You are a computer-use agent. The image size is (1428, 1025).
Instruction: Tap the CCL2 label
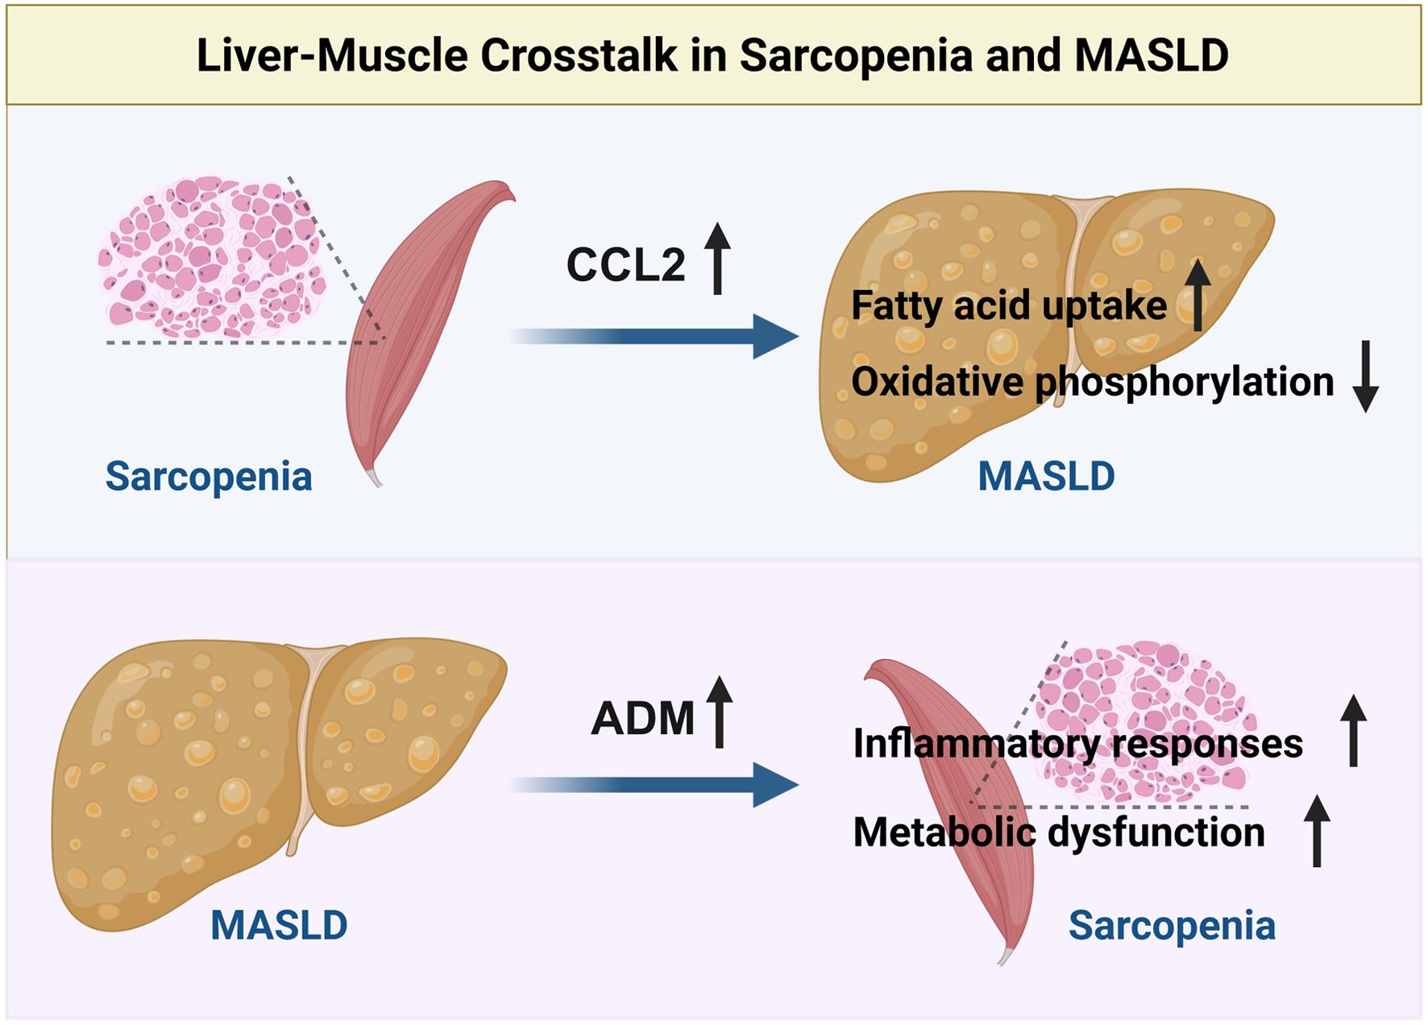coord(625,264)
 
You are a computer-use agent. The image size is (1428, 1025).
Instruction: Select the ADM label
coord(642,718)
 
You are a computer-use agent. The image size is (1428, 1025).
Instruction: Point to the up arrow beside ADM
coord(720,712)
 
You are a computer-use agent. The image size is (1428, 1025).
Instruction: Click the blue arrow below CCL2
coord(653,336)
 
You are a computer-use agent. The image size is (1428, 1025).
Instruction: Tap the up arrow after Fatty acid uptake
coord(1198,295)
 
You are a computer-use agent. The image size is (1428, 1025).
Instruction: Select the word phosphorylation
coord(1185,382)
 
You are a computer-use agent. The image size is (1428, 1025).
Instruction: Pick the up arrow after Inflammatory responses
coord(1353,731)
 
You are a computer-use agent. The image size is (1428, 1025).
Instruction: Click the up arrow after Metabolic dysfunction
coord(1317,831)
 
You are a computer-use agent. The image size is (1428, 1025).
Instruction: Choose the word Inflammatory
coord(968,743)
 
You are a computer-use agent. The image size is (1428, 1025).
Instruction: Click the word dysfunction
coord(1156,832)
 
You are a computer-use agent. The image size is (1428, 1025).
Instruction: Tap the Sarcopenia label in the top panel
coord(209,476)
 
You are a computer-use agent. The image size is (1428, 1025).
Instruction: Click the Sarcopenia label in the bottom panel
coord(1172,926)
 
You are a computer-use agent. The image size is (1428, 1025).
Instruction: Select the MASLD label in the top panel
coord(1046,476)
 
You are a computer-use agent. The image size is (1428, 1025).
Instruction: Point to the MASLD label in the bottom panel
coord(279,925)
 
